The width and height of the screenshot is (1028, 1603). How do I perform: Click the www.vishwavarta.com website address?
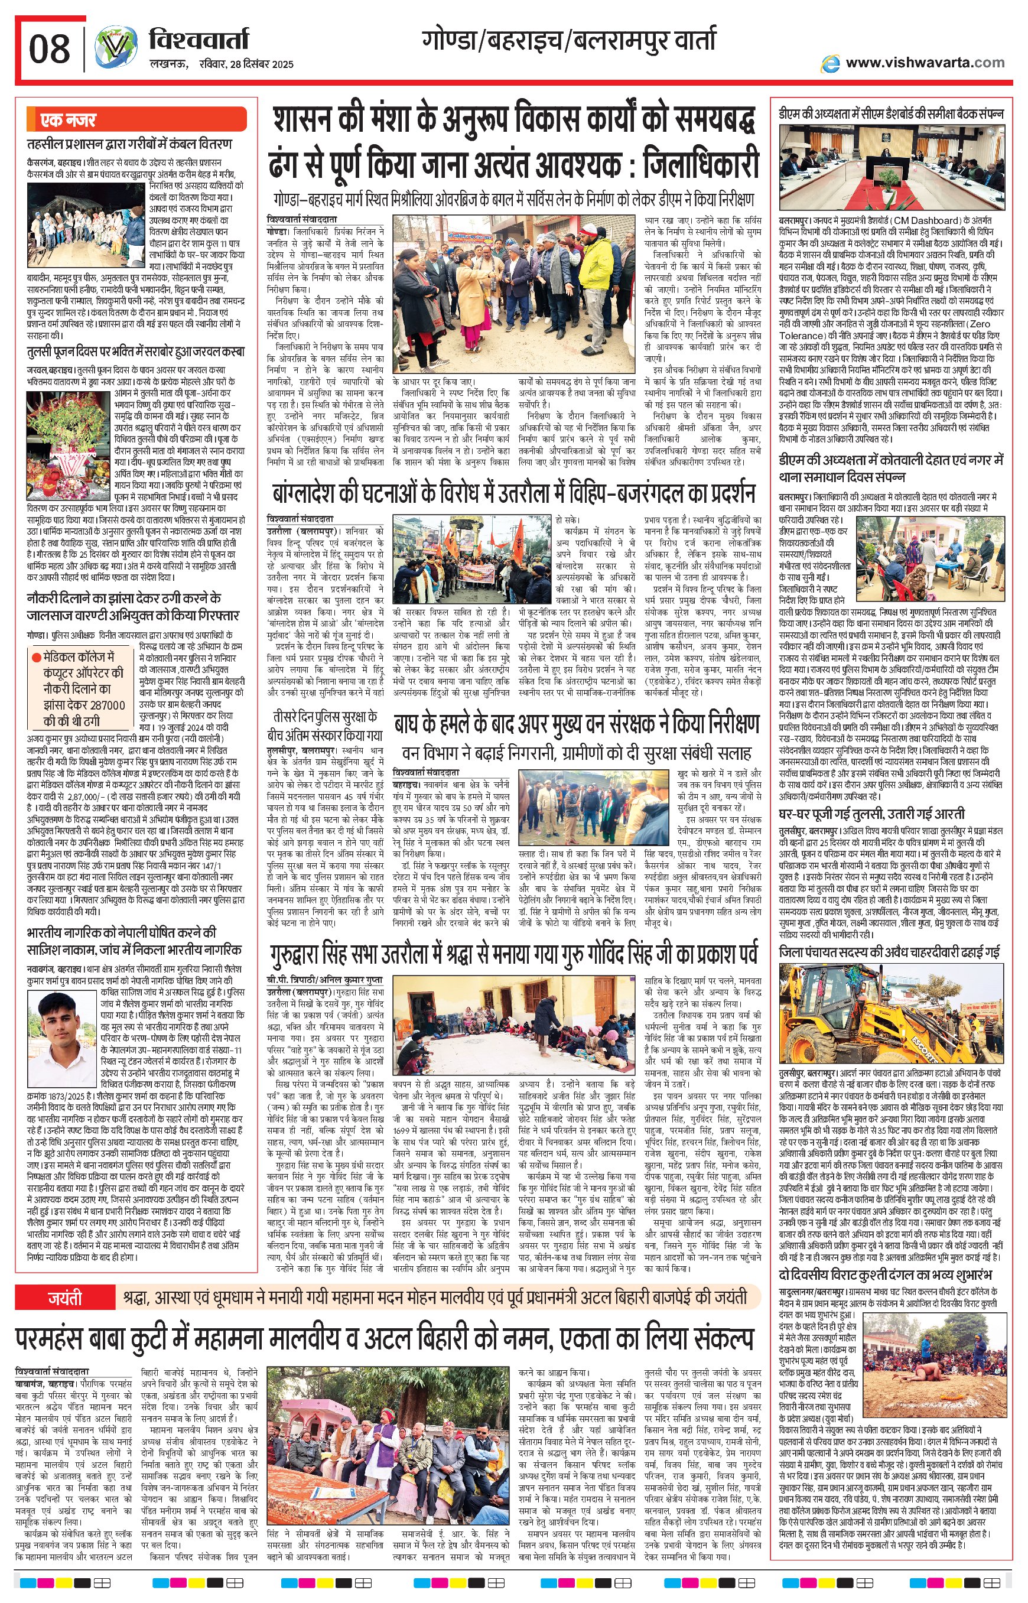coord(925,63)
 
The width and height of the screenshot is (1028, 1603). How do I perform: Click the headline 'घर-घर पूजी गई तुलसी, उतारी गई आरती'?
coord(871,815)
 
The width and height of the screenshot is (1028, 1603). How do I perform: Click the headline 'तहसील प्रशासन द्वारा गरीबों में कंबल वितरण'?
coord(129,144)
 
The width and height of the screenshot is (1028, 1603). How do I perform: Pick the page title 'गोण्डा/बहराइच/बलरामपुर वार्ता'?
coord(568,41)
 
